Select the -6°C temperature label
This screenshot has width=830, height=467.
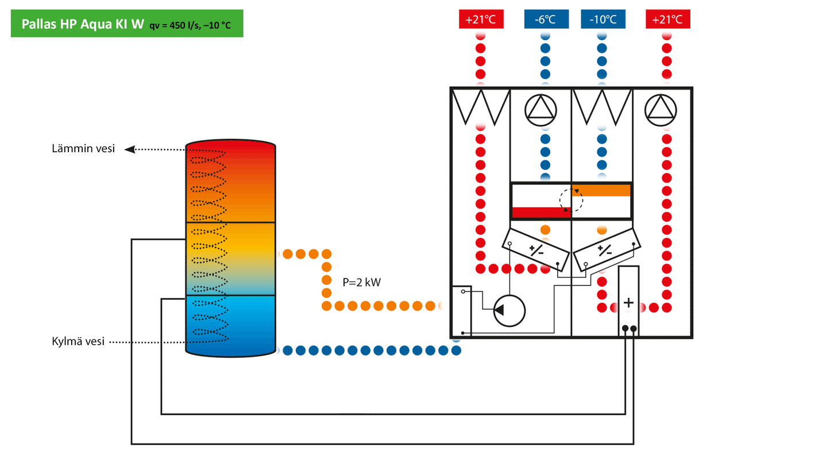pyautogui.click(x=546, y=20)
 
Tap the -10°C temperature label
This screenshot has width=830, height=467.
pyautogui.click(x=603, y=20)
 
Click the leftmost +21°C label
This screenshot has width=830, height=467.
pyautogui.click(x=481, y=20)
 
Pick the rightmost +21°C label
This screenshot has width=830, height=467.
pyautogui.click(x=667, y=20)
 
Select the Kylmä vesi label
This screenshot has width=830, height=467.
pyautogui.click(x=78, y=342)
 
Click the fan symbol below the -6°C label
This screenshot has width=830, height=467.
pyautogui.click(x=541, y=107)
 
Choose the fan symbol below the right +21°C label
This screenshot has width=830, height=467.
pyautogui.click(x=660, y=107)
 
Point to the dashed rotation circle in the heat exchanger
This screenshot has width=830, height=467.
pyautogui.click(x=572, y=200)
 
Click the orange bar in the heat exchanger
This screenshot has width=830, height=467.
pyautogui.click(x=601, y=190)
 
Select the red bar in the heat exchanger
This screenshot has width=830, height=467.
pyautogui.click(x=541, y=212)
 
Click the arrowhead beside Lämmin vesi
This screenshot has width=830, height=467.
pyautogui.click(x=130, y=149)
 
